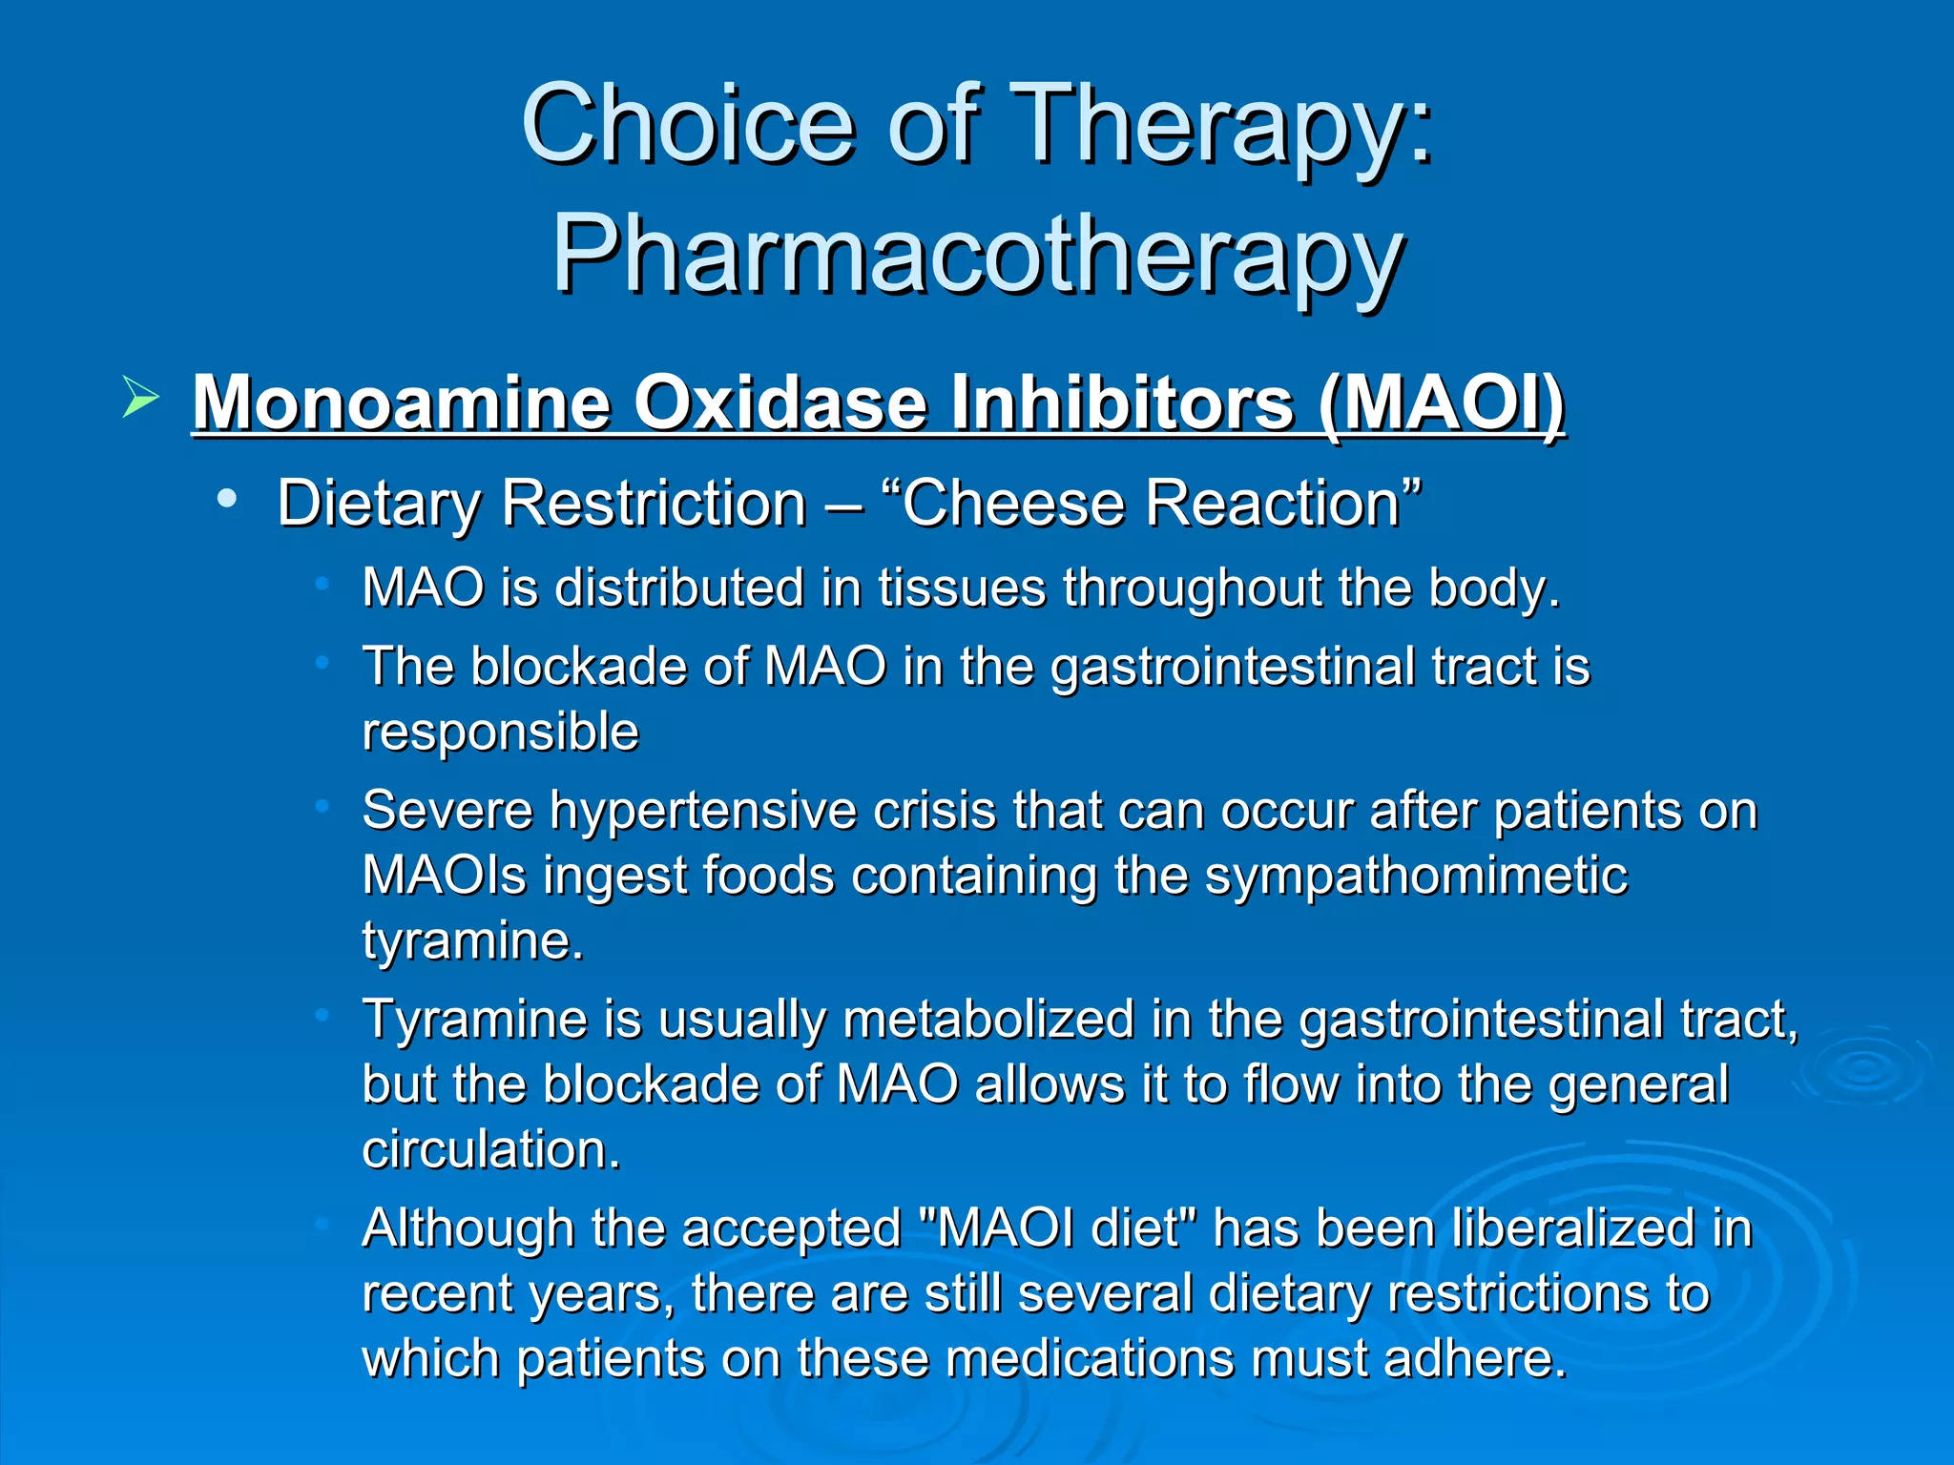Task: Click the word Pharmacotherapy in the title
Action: (977, 254)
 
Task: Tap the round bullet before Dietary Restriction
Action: (226, 498)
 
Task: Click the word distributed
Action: (679, 588)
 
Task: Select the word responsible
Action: (500, 732)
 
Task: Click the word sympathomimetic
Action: (1416, 876)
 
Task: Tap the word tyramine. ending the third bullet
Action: (472, 940)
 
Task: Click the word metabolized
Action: (988, 1019)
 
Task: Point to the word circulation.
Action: (490, 1149)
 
